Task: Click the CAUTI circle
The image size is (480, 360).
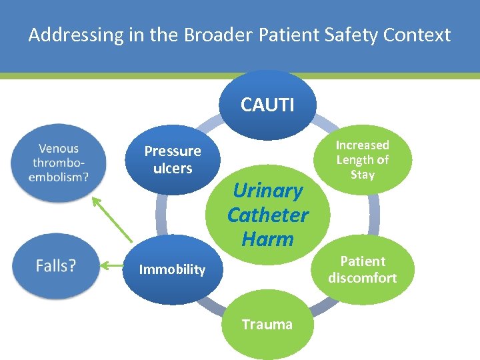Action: tap(267, 105)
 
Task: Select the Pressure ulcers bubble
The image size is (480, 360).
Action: tap(173, 160)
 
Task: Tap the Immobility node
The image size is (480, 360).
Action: tap(172, 269)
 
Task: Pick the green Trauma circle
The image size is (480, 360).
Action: tap(267, 325)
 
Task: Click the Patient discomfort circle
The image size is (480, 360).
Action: tap(362, 269)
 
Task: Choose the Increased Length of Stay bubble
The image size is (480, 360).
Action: tap(362, 160)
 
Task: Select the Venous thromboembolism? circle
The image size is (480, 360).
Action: tap(58, 163)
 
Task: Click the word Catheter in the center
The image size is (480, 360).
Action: tap(267, 215)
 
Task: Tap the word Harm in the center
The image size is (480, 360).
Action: tap(267, 239)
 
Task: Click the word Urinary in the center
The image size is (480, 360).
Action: tap(267, 191)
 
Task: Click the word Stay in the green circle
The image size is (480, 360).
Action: tap(362, 175)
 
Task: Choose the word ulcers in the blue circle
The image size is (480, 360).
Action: tap(173, 169)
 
